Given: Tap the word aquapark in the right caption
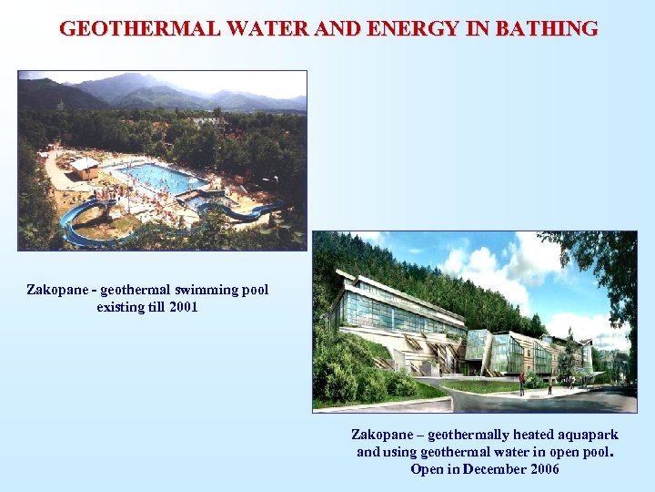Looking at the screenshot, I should pyautogui.click(x=583, y=435).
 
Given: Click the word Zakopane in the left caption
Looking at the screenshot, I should pyautogui.click(x=55, y=290).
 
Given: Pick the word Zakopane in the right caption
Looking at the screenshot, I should pyautogui.click(x=381, y=435).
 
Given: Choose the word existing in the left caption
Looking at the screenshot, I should pyautogui.click(x=119, y=307).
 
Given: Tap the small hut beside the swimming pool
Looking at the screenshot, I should pyautogui.click(x=84, y=168).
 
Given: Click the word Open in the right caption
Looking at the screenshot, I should pyautogui.click(x=427, y=469).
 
